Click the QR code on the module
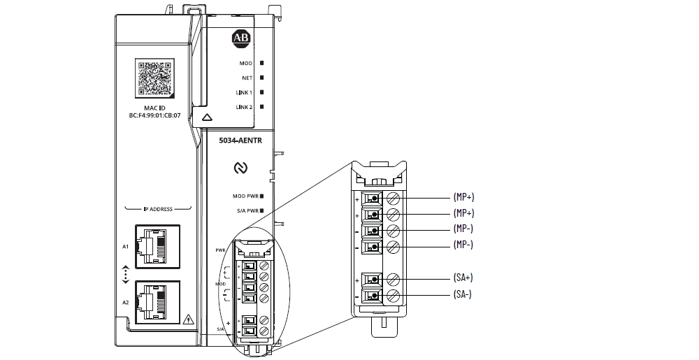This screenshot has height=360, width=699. (155, 78)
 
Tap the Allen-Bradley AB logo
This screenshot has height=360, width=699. (240, 38)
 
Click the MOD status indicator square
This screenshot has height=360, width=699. (261, 64)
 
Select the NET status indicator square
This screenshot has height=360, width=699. (261, 78)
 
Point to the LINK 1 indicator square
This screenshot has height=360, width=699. (261, 92)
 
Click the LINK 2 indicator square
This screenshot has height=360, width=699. (261, 106)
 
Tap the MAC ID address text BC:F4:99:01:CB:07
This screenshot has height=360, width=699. (154, 115)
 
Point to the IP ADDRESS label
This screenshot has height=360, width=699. (157, 209)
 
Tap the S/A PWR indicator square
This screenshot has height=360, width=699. (261, 210)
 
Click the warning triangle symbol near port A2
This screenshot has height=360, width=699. (187, 321)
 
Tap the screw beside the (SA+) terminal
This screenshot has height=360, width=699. (394, 279)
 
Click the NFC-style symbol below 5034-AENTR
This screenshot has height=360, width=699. (240, 168)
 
